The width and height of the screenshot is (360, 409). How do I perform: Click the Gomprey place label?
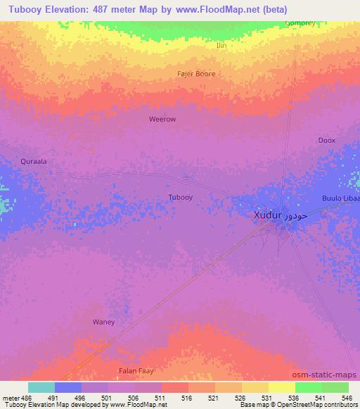coord(300,23)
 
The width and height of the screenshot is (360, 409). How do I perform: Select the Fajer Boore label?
coord(196,74)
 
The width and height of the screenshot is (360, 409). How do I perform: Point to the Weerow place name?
coord(162,119)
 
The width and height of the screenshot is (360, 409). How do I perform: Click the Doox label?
coord(326,141)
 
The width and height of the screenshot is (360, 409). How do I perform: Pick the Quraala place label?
coord(34,161)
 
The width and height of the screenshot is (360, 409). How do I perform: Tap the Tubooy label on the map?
coord(180,197)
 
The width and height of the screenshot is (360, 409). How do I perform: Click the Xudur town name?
coord(268,216)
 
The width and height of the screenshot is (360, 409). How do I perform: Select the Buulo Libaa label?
coord(340,199)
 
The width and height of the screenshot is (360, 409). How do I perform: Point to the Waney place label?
coord(103,323)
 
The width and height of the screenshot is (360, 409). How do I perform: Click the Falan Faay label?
coord(135,370)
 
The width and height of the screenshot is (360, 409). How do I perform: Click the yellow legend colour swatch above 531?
coord(255,387)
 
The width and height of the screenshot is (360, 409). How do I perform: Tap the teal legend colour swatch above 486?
coord(41,387)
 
